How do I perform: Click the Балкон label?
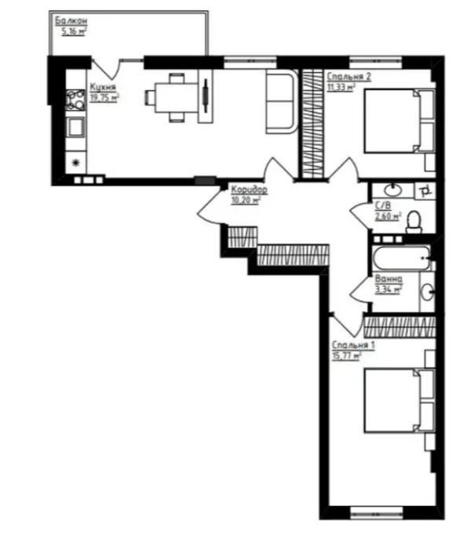(x=71, y=21)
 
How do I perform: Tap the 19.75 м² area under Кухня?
(x=104, y=97)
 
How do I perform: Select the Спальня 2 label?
(x=349, y=76)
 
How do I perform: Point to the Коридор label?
(x=249, y=189)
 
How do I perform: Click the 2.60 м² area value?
(x=388, y=217)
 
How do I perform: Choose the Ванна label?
(x=389, y=278)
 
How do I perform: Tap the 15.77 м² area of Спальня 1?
(x=346, y=356)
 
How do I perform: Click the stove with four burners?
(x=75, y=100)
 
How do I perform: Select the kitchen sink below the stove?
(x=75, y=126)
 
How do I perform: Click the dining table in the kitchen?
(x=177, y=98)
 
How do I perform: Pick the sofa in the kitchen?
(x=282, y=101)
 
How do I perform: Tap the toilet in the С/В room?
(x=414, y=222)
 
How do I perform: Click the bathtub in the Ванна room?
(x=401, y=258)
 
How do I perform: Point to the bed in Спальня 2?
(x=392, y=121)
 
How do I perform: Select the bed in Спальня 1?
(x=392, y=401)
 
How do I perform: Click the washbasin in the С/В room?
(x=392, y=190)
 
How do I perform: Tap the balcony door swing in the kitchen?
(x=107, y=68)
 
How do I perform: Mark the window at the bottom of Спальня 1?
(x=376, y=514)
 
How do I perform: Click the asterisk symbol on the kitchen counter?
(x=75, y=162)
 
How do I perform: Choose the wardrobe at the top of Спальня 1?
(x=400, y=327)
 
